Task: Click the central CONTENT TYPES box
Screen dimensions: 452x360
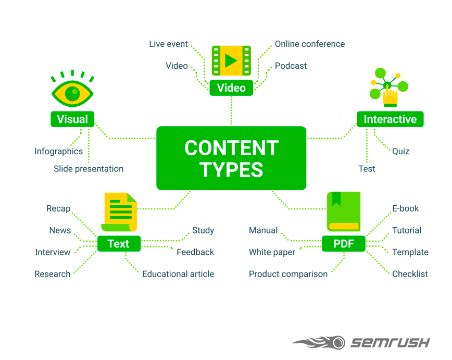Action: click(x=231, y=158)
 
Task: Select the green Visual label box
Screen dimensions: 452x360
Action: click(x=72, y=119)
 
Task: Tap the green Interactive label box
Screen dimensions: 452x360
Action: click(x=390, y=119)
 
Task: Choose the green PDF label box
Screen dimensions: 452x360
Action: click(x=343, y=243)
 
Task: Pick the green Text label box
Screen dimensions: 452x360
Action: click(x=118, y=243)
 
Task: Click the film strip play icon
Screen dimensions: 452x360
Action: click(x=231, y=61)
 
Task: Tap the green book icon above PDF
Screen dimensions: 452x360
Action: click(x=344, y=212)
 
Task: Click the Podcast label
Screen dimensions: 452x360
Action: click(x=291, y=66)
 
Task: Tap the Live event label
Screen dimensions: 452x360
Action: click(x=168, y=44)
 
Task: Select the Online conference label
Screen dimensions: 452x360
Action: click(x=310, y=44)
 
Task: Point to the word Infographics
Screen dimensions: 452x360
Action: click(x=58, y=151)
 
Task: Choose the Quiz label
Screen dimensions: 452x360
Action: click(x=400, y=151)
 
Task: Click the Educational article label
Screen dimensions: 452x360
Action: click(x=178, y=274)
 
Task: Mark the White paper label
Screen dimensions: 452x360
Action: click(x=272, y=252)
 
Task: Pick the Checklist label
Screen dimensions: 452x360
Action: click(x=410, y=274)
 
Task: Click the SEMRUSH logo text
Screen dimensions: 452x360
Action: click(x=390, y=342)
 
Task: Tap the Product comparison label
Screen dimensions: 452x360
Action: click(x=288, y=274)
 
